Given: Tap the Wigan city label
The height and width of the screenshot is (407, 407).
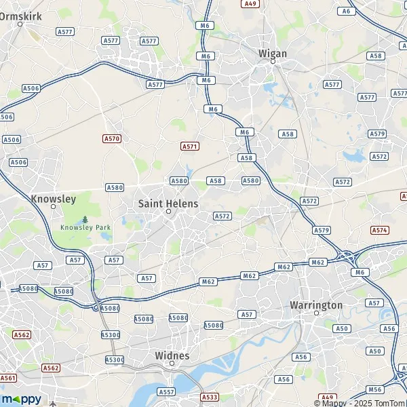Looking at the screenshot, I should (273, 53).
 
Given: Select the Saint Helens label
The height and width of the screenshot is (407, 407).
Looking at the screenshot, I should (168, 203).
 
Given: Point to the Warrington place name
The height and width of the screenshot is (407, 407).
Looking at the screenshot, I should (316, 305).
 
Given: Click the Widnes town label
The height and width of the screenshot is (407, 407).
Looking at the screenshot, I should (172, 355).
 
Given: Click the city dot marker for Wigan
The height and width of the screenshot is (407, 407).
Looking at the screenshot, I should (273, 62).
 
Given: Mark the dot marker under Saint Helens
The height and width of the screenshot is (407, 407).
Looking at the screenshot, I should (169, 212).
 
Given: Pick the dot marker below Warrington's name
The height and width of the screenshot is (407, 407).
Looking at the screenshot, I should (316, 313).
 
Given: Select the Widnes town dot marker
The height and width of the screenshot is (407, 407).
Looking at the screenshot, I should (172, 363).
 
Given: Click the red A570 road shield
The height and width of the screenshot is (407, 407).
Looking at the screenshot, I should (112, 138).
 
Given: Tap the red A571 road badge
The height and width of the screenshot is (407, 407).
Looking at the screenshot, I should (190, 146).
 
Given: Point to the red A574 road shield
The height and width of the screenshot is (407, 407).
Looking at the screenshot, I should (380, 230).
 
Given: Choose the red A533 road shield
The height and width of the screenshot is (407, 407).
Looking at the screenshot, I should (210, 397).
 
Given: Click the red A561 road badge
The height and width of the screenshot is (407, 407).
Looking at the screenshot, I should (8, 378).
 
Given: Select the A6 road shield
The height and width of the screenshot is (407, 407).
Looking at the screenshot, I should (347, 11).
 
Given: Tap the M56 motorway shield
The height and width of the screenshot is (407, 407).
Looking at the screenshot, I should (375, 389).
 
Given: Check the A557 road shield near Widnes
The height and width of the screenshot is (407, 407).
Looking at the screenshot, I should (166, 391).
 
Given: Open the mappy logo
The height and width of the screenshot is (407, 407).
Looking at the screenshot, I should (21, 399).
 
